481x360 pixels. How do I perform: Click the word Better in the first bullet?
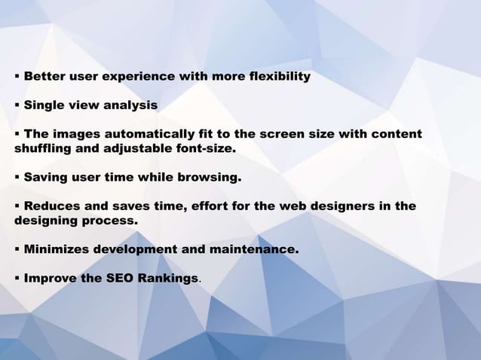(44, 77)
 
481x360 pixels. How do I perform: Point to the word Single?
(43, 105)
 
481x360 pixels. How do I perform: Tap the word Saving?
(44, 178)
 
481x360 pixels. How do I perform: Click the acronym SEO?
(120, 278)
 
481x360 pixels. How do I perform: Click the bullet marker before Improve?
(17, 278)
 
